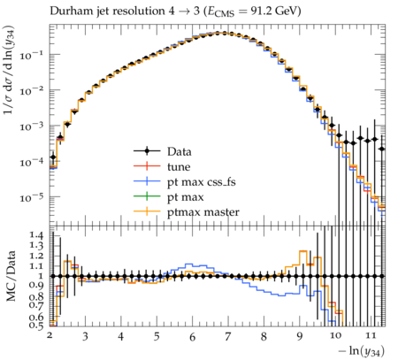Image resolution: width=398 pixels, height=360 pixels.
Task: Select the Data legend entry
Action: [163, 151]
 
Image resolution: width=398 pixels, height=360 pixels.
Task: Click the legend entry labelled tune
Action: [162, 166]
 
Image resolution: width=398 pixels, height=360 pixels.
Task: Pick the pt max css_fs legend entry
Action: [185, 182]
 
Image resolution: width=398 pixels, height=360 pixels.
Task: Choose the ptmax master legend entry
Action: [187, 212]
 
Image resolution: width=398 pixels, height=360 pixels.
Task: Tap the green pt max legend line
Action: [147, 196]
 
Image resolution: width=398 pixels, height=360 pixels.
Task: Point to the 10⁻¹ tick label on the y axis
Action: [31, 55]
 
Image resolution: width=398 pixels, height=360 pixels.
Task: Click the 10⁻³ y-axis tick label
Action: [31, 126]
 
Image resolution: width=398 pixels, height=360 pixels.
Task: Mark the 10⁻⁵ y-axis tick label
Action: [31, 197]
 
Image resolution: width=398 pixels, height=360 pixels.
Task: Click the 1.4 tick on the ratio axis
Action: [36, 235]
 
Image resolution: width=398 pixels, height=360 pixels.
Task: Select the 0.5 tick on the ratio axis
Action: [36, 325]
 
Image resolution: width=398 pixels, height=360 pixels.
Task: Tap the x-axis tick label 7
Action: [227, 336]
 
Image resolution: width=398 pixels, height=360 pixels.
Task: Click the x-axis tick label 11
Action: [371, 335]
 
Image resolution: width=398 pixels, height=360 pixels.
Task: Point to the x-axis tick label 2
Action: [50, 335]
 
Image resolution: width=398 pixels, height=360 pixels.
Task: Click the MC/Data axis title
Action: [11, 276]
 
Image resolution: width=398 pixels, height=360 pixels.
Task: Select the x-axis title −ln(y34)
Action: [362, 351]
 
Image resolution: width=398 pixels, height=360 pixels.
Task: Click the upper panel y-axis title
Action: [10, 70]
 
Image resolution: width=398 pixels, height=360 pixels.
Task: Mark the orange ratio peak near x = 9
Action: [303, 251]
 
